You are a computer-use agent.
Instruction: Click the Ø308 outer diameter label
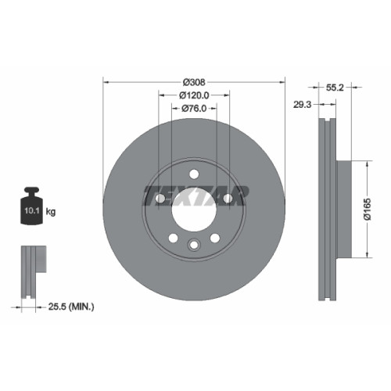(194, 82)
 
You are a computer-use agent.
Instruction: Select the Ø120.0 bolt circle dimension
(194, 95)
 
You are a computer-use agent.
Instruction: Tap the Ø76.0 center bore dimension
(194, 109)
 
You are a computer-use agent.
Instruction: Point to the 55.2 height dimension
(335, 88)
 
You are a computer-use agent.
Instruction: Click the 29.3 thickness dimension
(303, 105)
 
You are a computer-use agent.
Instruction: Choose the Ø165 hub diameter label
(368, 209)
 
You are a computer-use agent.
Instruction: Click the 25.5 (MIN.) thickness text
(71, 307)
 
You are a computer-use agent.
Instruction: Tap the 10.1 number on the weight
(32, 210)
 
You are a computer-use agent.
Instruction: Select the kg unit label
(51, 212)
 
